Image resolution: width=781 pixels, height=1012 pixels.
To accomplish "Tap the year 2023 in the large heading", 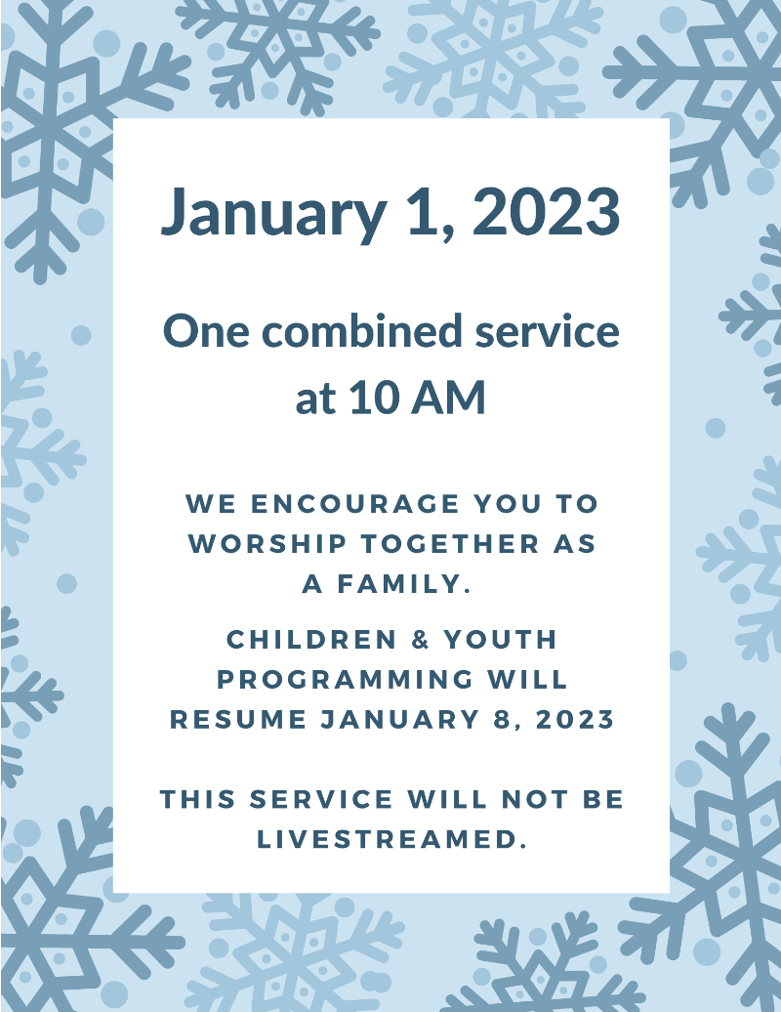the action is [547, 211].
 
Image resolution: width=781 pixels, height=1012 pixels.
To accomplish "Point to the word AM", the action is [448, 398].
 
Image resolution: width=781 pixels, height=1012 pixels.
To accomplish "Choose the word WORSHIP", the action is [267, 544].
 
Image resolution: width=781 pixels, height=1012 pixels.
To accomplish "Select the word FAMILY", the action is [403, 584].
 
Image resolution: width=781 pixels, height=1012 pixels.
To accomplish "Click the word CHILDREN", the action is [312, 640].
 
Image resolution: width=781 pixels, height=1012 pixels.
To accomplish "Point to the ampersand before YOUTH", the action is [421, 640].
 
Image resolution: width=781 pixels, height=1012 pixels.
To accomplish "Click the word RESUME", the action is [238, 720].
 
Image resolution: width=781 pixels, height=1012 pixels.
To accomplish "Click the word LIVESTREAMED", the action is [389, 839].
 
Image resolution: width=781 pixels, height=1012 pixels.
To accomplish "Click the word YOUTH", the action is [501, 640].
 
